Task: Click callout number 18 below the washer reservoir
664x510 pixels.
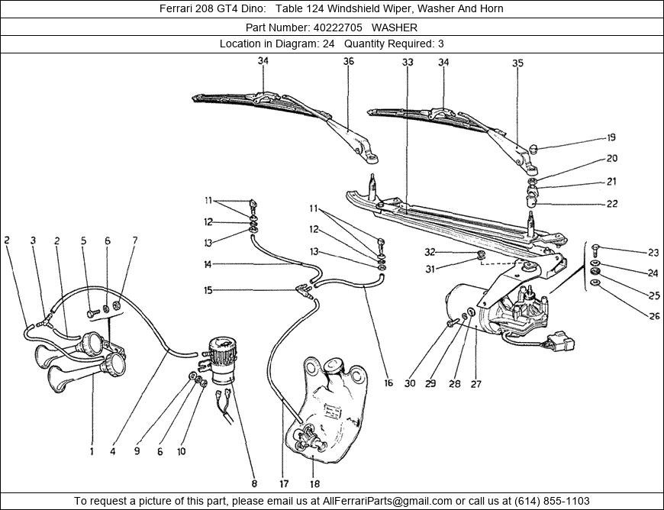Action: pyautogui.click(x=314, y=483)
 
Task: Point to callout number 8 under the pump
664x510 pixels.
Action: pyautogui.click(x=254, y=483)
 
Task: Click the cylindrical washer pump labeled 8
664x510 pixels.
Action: pyautogui.click(x=223, y=363)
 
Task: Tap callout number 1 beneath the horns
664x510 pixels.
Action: pyautogui.click(x=92, y=451)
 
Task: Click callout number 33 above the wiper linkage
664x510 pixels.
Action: pyautogui.click(x=407, y=62)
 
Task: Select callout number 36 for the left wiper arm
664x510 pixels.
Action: pyautogui.click(x=349, y=62)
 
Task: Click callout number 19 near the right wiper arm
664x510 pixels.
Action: pyautogui.click(x=611, y=138)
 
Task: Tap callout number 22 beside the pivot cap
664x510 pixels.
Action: pyautogui.click(x=611, y=204)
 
